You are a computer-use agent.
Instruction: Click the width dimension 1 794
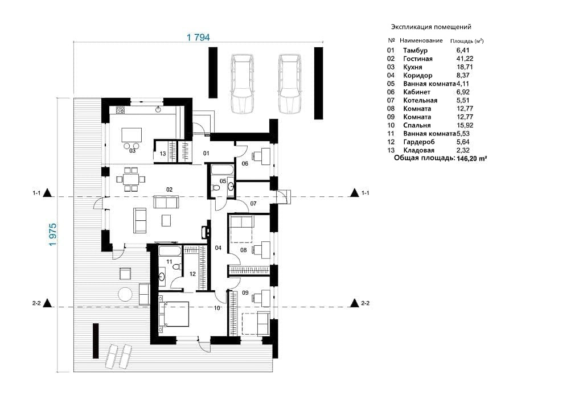pyautogui.click(x=198, y=38)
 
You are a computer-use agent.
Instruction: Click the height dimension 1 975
pyautogui.click(x=53, y=234)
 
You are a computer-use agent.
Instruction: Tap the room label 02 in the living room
pyautogui.click(x=170, y=189)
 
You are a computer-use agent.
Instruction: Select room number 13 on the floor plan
pyautogui.click(x=162, y=154)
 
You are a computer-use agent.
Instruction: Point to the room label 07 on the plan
pyautogui.click(x=253, y=204)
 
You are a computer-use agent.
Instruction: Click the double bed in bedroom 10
pyautogui.click(x=174, y=314)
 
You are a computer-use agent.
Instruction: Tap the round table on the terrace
pyautogui.click(x=125, y=295)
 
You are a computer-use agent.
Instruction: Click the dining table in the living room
pyautogui.click(x=130, y=179)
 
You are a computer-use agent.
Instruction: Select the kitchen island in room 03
pyautogui.click(x=132, y=135)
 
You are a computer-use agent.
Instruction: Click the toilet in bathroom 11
pyautogui.click(x=176, y=266)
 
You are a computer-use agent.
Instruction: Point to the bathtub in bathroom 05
pyautogui.click(x=223, y=170)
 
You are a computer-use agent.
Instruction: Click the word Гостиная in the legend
pyautogui.click(x=417, y=59)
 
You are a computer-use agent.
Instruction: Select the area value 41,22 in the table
pyautogui.click(x=465, y=59)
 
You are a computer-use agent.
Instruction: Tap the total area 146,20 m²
pyautogui.click(x=472, y=158)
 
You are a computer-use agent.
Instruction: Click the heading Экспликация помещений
pyautogui.click(x=432, y=27)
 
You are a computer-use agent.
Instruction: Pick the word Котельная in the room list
pyautogui.click(x=420, y=100)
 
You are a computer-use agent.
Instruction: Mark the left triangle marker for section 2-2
pyautogui.click(x=47, y=303)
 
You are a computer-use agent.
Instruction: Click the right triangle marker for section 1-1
pyautogui.click(x=354, y=192)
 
